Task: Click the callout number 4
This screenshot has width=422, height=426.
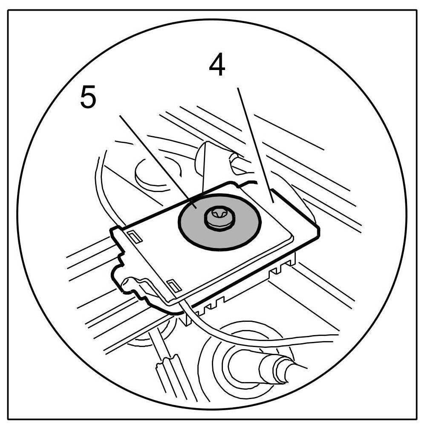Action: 217,67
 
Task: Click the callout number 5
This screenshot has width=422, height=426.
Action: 88,98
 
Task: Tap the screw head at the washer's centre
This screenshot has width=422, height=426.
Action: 218,218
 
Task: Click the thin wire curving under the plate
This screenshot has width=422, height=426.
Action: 239,339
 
